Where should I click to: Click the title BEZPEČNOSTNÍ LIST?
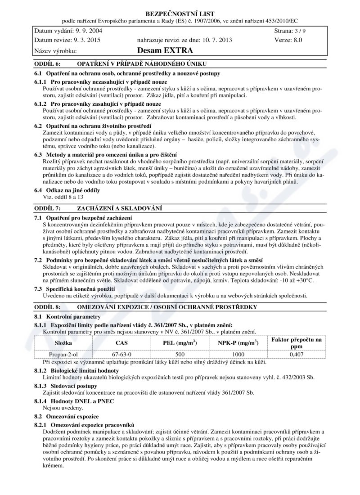click(x=180, y=14)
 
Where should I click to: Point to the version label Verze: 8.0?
click(x=288, y=40)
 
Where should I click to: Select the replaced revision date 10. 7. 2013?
click(x=214, y=40)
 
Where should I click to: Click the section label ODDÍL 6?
click(x=47, y=64)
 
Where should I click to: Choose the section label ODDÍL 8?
click(x=47, y=307)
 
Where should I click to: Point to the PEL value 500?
click(x=180, y=354)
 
